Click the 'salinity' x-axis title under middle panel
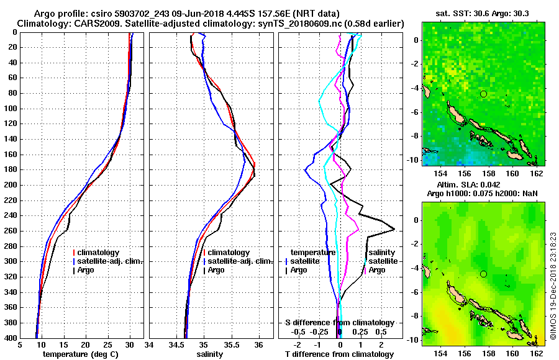[x=211, y=354]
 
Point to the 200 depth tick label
[x=11, y=185]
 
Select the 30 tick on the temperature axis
[x=129, y=344]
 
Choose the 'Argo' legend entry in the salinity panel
[x=216, y=270]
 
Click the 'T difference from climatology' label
[x=340, y=354]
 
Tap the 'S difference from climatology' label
[x=340, y=323]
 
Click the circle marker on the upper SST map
[x=483, y=94]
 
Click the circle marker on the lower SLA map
[x=483, y=274]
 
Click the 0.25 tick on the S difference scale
[x=361, y=331]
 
